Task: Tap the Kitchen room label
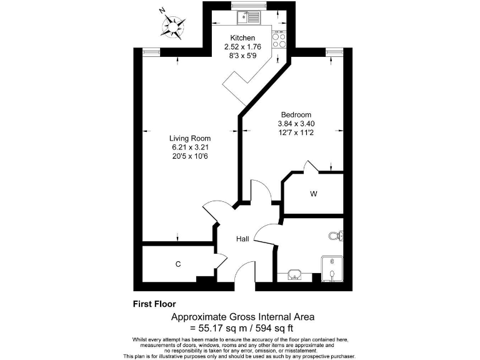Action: tap(242, 38)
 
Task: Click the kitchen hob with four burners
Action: tap(279, 40)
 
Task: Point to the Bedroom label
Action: tap(296, 114)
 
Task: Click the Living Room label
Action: tap(190, 138)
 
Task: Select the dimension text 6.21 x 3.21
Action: tap(190, 147)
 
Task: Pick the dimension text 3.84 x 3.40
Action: tap(296, 124)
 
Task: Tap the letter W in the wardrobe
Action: tap(314, 194)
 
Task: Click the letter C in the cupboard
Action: tap(178, 264)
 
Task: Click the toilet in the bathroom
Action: tap(336, 236)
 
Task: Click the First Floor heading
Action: tap(154, 304)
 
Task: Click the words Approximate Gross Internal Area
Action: tap(243, 317)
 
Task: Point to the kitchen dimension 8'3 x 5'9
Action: tap(242, 55)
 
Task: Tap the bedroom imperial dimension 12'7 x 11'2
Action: tap(296, 132)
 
